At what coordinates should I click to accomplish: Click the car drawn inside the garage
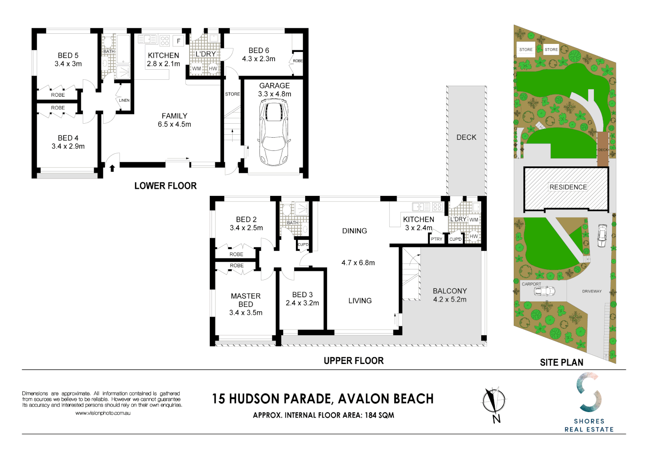tap(274, 135)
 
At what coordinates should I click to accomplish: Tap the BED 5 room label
tap(68, 55)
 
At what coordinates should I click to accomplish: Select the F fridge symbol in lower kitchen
tap(179, 41)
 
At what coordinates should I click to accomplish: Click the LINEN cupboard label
tap(124, 100)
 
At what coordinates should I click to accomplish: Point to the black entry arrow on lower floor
tap(112, 168)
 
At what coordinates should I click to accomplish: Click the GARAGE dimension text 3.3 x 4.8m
tap(274, 94)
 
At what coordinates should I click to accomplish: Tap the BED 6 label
tap(258, 50)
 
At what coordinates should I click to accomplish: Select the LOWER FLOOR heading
tap(165, 186)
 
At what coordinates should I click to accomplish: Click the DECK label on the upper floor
tap(466, 137)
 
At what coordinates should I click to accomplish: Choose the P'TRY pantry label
tap(437, 239)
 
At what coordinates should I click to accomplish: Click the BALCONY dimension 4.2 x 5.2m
tap(450, 299)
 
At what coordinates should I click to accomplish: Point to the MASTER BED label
tap(246, 300)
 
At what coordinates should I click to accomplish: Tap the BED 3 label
tap(302, 295)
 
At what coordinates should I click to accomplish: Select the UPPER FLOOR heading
tap(353, 361)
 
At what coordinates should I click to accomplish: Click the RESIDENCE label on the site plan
tap(568, 187)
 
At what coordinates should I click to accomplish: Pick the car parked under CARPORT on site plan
tap(544, 291)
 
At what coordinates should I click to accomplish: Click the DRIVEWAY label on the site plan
tap(591, 291)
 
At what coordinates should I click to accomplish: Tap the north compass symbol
tap(494, 402)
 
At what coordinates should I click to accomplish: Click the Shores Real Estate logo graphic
tap(589, 392)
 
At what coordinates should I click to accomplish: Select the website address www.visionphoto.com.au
tap(103, 413)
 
